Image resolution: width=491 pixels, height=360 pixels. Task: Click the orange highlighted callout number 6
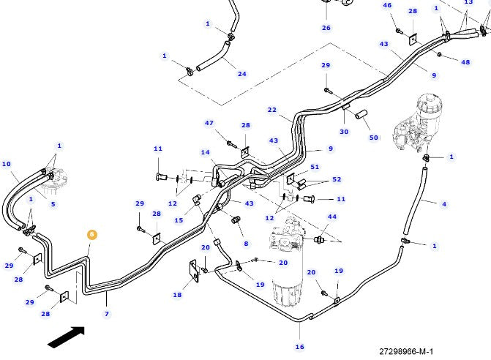[x=91, y=234]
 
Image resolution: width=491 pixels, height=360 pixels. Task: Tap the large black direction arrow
[x=67, y=337]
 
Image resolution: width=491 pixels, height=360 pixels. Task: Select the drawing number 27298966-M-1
[x=406, y=351]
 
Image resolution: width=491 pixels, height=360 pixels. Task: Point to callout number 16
[x=300, y=347]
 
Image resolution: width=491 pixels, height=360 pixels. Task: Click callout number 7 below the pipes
[x=107, y=314]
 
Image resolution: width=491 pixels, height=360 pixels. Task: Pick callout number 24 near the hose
[x=241, y=74]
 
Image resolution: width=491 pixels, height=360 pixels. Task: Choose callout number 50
[x=374, y=138]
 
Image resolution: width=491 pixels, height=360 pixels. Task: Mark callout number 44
[x=332, y=217]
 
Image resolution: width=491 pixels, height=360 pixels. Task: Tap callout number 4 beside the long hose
[x=444, y=204]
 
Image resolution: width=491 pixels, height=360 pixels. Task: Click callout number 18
[x=177, y=295]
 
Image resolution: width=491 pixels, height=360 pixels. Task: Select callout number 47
[x=209, y=123]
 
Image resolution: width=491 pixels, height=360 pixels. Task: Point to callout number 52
[x=337, y=179]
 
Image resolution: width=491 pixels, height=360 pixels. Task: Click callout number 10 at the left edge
[x=7, y=164]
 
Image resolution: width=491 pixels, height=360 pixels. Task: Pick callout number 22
[x=272, y=110]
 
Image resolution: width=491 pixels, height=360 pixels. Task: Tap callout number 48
[x=465, y=62]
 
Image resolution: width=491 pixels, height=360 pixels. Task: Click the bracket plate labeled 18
[x=194, y=271]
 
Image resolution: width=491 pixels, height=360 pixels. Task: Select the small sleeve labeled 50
[x=361, y=114]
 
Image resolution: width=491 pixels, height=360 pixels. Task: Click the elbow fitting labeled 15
[x=197, y=200]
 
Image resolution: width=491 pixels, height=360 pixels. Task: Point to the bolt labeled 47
[x=231, y=144]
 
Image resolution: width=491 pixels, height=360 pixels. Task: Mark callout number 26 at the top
[x=326, y=28]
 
